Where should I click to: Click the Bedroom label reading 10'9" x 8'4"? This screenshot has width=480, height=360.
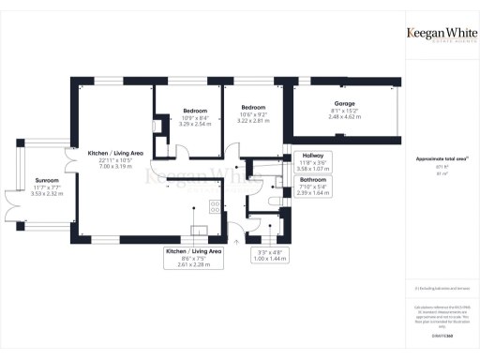tap(195, 111)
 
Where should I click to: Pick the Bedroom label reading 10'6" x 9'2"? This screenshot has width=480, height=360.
tap(252, 108)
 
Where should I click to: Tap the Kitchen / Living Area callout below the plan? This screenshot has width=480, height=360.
tap(194, 258)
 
